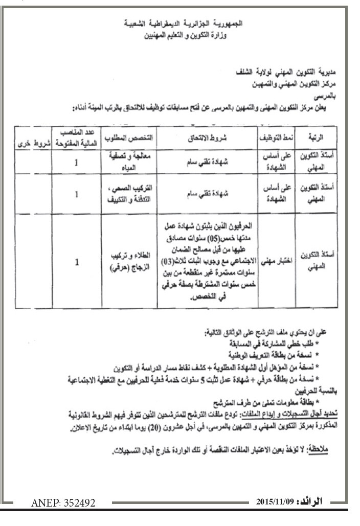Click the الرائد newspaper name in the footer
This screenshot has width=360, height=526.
click(313, 502)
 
